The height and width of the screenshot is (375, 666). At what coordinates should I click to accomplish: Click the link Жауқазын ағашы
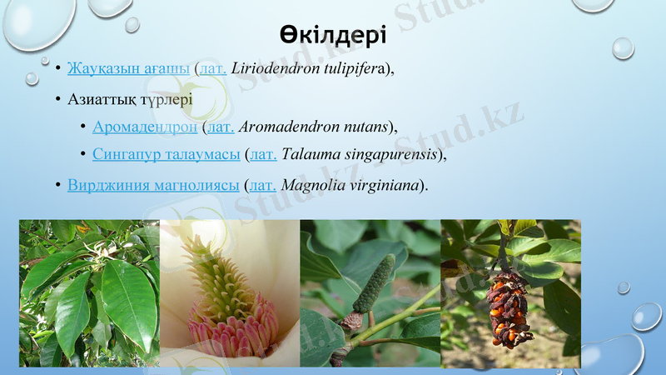(x=128, y=68)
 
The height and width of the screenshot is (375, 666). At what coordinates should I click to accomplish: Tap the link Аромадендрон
(x=145, y=127)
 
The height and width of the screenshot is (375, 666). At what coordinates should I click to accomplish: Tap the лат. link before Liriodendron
(x=212, y=68)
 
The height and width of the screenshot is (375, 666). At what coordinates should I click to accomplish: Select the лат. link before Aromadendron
(x=221, y=127)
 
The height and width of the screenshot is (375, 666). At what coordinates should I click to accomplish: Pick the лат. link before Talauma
(x=264, y=154)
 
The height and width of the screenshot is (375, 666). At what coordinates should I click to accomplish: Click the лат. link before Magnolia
(x=263, y=184)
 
